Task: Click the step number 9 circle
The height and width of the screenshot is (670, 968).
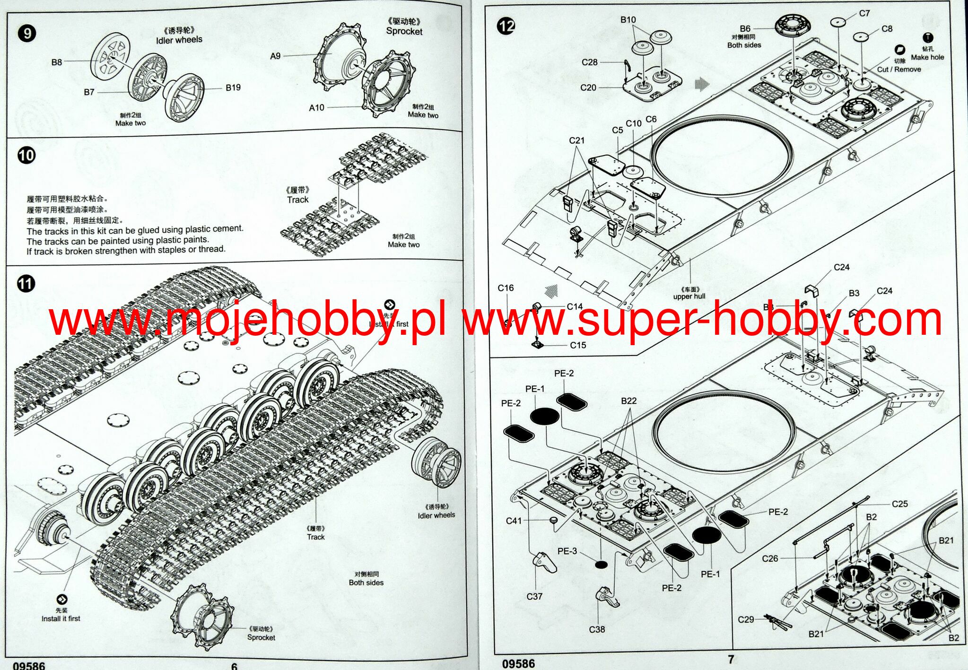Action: point(26,33)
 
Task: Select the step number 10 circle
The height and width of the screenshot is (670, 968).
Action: point(26,156)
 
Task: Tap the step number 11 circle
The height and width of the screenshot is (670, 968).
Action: point(26,284)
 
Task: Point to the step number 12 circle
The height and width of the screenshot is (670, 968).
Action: point(506,26)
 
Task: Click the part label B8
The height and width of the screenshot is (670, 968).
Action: point(57,62)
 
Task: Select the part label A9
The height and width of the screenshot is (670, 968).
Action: point(275,56)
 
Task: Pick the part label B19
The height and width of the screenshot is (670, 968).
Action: point(233,87)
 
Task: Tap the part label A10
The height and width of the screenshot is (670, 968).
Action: point(316,107)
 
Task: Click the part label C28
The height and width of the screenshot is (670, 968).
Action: point(589,62)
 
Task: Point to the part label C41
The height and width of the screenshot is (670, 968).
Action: point(514,521)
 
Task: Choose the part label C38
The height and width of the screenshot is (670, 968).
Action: point(597,629)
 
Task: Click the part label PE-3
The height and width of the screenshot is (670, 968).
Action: point(567,551)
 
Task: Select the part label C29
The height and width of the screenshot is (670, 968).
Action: point(746,619)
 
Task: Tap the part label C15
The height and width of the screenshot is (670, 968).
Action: point(578,345)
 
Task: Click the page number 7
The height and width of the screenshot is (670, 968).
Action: point(731,659)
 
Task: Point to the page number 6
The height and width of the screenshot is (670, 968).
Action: point(234,666)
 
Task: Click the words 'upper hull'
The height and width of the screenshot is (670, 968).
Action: point(689,296)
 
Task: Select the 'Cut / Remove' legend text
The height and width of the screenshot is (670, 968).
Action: point(899,69)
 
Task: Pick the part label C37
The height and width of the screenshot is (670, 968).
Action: point(534,596)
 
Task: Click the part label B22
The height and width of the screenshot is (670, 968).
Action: point(628,400)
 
